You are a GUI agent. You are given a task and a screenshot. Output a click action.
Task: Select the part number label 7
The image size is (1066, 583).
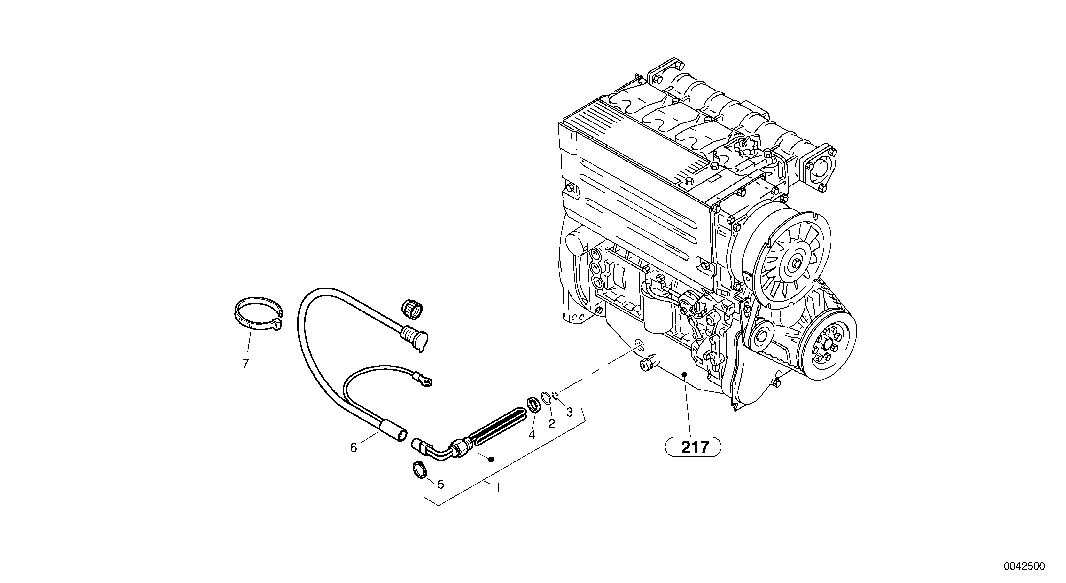tap(246, 364)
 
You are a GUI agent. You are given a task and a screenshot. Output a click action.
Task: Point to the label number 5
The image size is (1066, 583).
tap(441, 484)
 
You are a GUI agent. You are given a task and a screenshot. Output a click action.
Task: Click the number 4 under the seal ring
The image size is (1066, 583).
tap(532, 434)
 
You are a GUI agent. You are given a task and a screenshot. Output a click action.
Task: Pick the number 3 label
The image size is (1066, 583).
tap(569, 412)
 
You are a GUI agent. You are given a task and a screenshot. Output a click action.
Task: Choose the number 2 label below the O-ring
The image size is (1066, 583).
tap(551, 423)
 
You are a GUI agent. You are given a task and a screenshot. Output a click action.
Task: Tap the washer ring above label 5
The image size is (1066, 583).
tap(419, 469)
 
